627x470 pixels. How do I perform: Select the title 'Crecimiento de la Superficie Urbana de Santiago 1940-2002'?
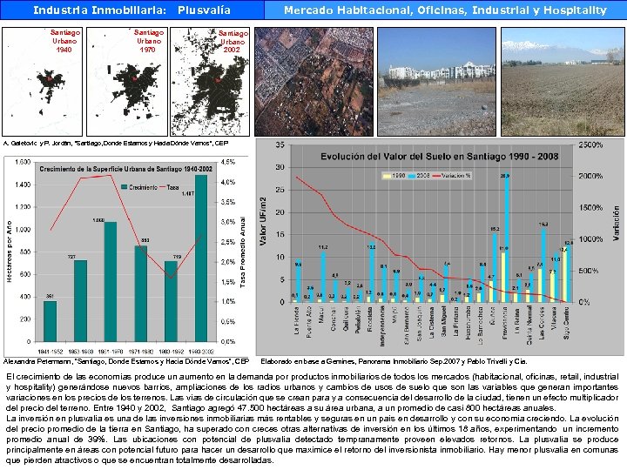(x=125, y=167)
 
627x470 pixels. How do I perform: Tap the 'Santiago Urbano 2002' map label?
(x=232, y=41)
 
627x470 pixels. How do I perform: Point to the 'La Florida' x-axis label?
(x=297, y=325)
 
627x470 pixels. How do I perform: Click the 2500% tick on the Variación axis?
(x=591, y=144)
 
